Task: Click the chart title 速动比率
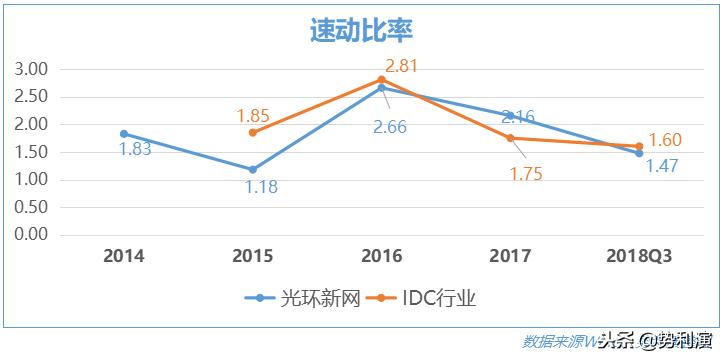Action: (361, 31)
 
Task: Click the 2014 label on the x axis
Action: (124, 256)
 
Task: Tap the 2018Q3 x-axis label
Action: (639, 256)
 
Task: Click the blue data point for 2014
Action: (124, 134)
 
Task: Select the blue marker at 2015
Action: (253, 170)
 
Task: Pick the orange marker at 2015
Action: (253, 133)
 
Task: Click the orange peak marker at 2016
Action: (382, 80)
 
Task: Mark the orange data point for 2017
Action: (510, 138)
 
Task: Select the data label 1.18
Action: (261, 187)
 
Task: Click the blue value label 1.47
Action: (659, 166)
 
